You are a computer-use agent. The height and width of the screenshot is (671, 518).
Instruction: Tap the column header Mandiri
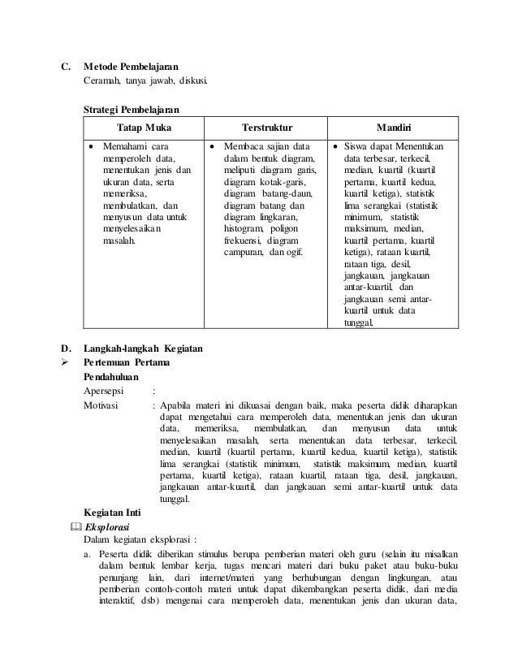click(x=393, y=128)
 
